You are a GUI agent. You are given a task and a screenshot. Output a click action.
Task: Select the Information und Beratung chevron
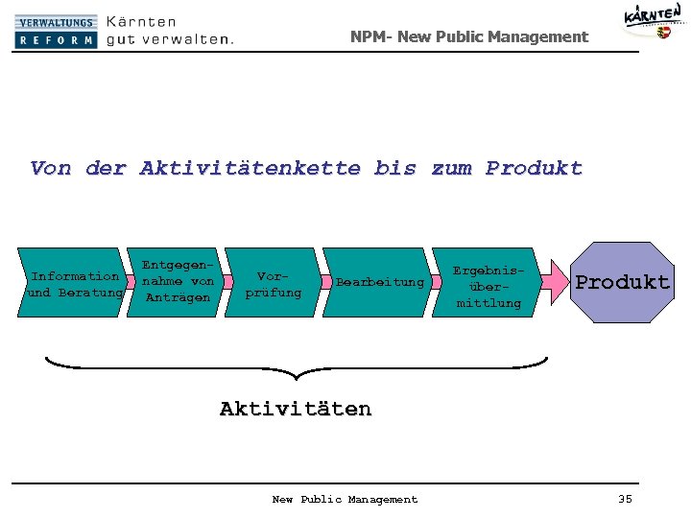[75, 284]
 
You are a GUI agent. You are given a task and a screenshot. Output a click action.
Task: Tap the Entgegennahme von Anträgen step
[178, 281]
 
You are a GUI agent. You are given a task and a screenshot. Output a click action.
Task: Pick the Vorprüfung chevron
[274, 283]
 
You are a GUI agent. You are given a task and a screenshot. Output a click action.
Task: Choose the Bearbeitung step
[379, 282]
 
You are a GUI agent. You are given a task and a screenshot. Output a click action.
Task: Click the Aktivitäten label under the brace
[295, 409]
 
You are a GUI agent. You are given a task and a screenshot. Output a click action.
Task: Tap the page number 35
[625, 499]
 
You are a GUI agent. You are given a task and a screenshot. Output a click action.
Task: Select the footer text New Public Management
[345, 499]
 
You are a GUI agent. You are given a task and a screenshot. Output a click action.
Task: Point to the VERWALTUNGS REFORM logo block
[56, 31]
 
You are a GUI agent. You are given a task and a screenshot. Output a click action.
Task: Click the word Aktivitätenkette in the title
[250, 169]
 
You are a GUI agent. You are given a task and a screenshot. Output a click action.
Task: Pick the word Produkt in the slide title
[534, 169]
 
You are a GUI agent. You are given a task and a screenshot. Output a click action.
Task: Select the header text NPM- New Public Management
[468, 36]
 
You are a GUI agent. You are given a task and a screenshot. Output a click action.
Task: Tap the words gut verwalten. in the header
[170, 39]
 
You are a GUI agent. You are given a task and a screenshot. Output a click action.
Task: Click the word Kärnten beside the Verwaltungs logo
[141, 20]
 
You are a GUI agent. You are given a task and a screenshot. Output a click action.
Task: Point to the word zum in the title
[451, 169]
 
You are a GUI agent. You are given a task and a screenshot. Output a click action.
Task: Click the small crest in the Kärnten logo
[663, 32]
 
